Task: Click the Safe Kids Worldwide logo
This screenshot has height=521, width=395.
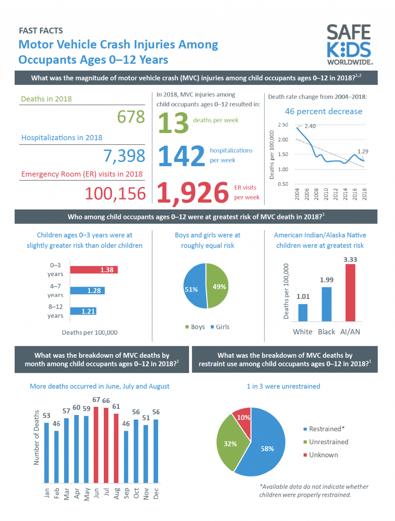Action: click(x=349, y=44)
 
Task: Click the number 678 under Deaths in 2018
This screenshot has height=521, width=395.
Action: click(x=131, y=117)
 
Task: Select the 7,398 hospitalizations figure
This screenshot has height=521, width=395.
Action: click(x=124, y=156)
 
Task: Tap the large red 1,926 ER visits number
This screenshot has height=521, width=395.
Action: click(x=193, y=192)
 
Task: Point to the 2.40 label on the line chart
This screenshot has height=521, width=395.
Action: click(x=310, y=126)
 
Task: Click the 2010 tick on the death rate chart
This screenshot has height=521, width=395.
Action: click(x=326, y=194)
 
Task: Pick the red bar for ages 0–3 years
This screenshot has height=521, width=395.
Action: click(x=94, y=270)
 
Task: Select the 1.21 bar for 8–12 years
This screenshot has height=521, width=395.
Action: click(x=83, y=311)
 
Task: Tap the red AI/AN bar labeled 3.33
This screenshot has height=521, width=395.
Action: click(x=350, y=292)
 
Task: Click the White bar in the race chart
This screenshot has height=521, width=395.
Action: click(x=303, y=312)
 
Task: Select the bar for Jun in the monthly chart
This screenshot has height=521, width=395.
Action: click(x=96, y=445)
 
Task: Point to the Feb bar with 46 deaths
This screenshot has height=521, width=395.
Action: click(x=56, y=457)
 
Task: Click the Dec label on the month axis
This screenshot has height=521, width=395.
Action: click(x=156, y=493)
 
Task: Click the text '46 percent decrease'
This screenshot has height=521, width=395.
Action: click(x=323, y=111)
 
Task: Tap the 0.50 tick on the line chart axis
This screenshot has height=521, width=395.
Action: click(x=283, y=184)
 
